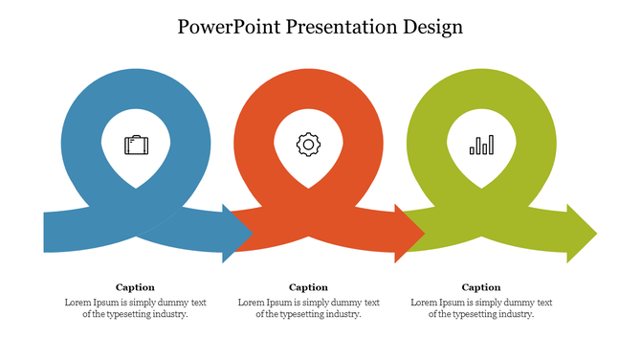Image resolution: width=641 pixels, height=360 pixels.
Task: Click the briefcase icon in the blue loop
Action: pos(136,146)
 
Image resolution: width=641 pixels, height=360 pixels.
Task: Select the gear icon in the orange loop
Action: pos(308,145)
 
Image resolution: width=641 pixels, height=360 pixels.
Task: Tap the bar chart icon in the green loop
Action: pos(481,145)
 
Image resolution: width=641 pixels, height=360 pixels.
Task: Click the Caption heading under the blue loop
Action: pos(135,287)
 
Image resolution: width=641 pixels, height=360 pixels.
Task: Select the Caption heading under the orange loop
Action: pos(308,287)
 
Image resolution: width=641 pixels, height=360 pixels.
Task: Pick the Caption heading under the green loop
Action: pos(481,287)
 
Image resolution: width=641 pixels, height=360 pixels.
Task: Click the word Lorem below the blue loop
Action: pos(78,303)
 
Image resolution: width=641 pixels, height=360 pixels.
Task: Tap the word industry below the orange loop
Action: pos(343,314)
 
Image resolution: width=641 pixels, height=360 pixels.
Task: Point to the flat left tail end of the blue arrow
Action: pos(47,233)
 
